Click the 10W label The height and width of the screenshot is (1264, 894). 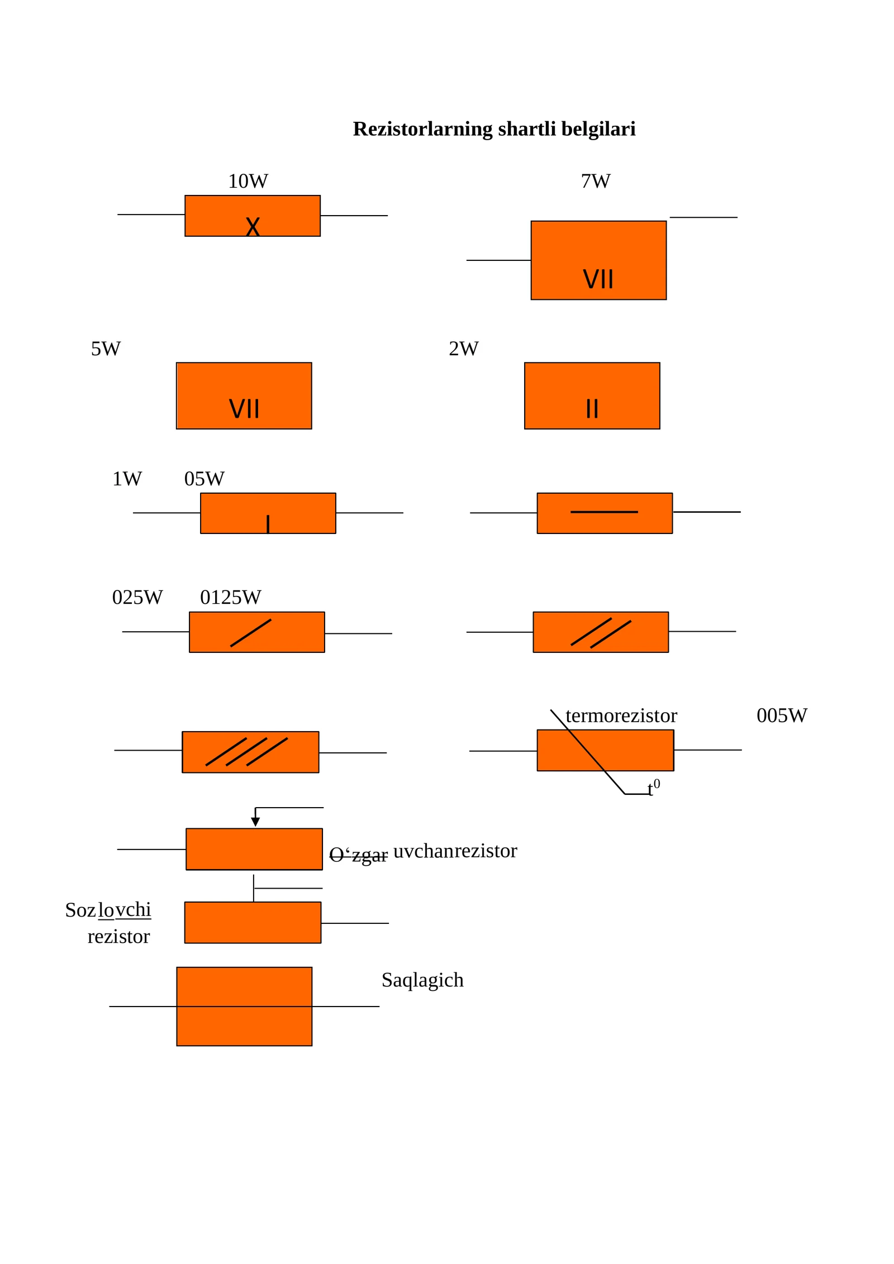pyautogui.click(x=248, y=181)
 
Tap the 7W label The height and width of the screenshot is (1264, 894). pyautogui.click(x=596, y=181)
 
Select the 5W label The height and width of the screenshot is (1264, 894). pyautogui.click(x=106, y=349)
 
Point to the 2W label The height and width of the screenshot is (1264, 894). pyautogui.click(x=463, y=349)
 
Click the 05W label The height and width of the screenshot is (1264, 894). pyautogui.click(x=205, y=479)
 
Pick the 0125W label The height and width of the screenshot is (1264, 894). pyautogui.click(x=230, y=597)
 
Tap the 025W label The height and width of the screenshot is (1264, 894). pyautogui.click(x=137, y=597)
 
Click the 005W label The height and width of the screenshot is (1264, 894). pyautogui.click(x=782, y=716)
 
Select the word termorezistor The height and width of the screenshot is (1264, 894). pyautogui.click(x=621, y=716)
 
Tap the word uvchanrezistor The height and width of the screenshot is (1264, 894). pyautogui.click(x=455, y=851)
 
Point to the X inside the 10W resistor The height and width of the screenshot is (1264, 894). pyautogui.click(x=253, y=227)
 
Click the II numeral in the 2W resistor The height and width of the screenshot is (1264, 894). pyautogui.click(x=592, y=409)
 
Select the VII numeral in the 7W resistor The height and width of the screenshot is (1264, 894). pyautogui.click(x=598, y=279)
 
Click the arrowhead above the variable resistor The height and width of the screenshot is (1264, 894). pyautogui.click(x=255, y=822)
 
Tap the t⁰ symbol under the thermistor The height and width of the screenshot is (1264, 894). pyautogui.click(x=653, y=787)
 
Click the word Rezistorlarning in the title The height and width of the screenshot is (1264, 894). pyautogui.click(x=423, y=129)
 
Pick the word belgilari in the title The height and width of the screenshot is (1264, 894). pyautogui.click(x=598, y=129)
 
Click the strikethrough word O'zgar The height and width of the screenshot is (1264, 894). pyautogui.click(x=358, y=855)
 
